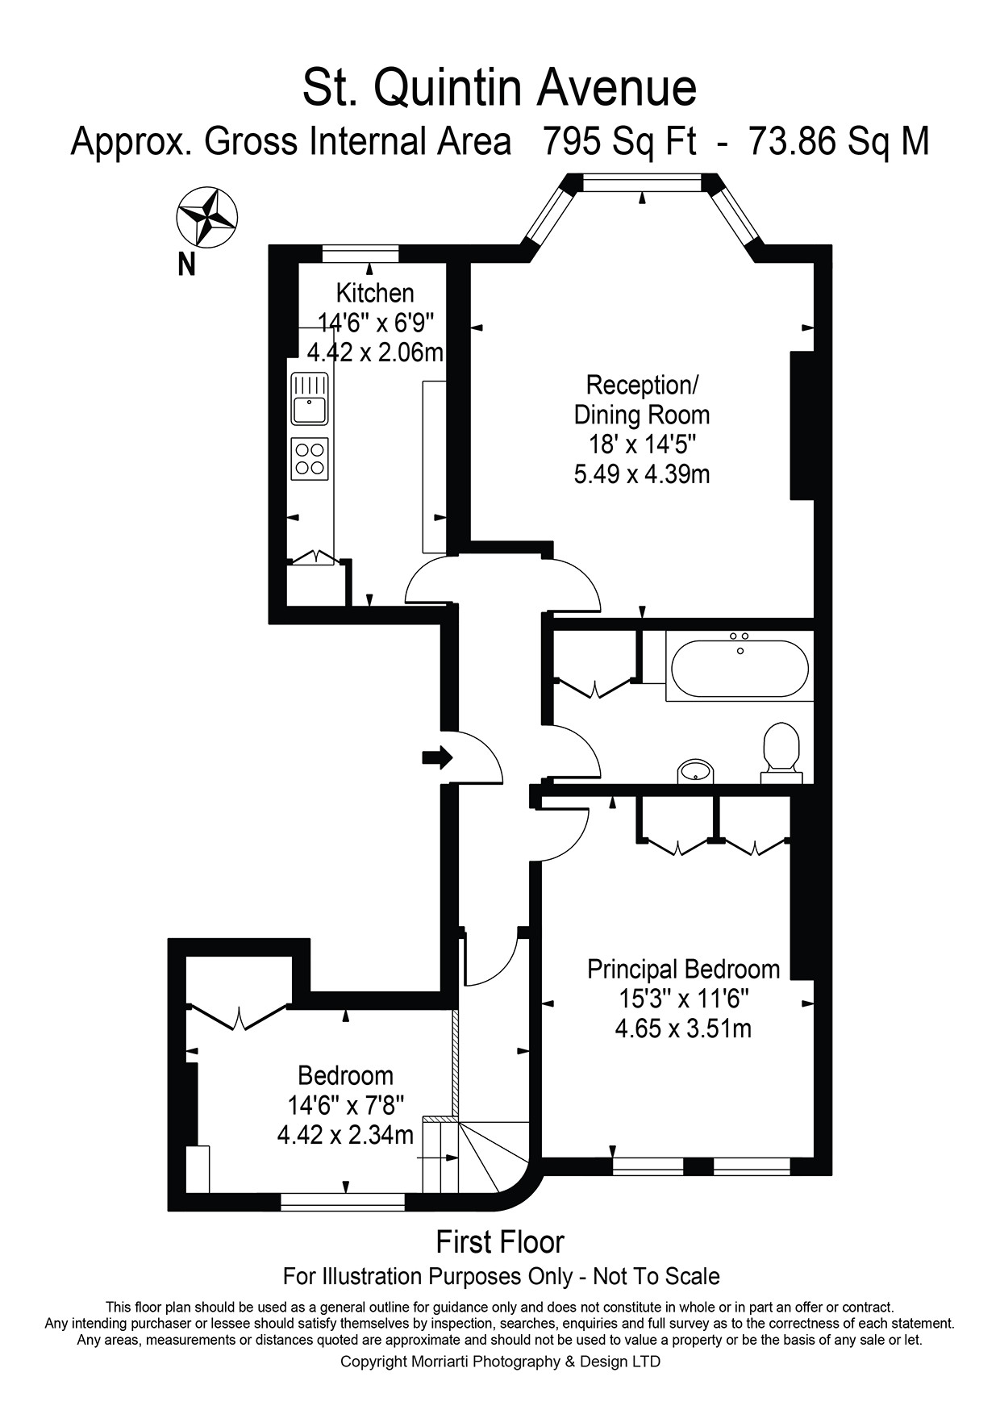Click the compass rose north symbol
pos(206,216)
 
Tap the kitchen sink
pos(309,398)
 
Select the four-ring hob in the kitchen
pos(310,459)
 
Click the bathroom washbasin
pos(694,771)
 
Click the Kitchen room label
pos(375,292)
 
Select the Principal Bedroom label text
pos(683,969)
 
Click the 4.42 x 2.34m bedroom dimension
pos(345,1135)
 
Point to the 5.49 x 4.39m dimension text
pos(642,473)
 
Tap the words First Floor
pos(500,1242)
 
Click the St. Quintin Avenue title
pos(499,89)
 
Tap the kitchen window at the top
pos(360,254)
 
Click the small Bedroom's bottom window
pos(342,1202)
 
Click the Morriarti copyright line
pos(500,1362)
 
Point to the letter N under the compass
pos(187,264)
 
